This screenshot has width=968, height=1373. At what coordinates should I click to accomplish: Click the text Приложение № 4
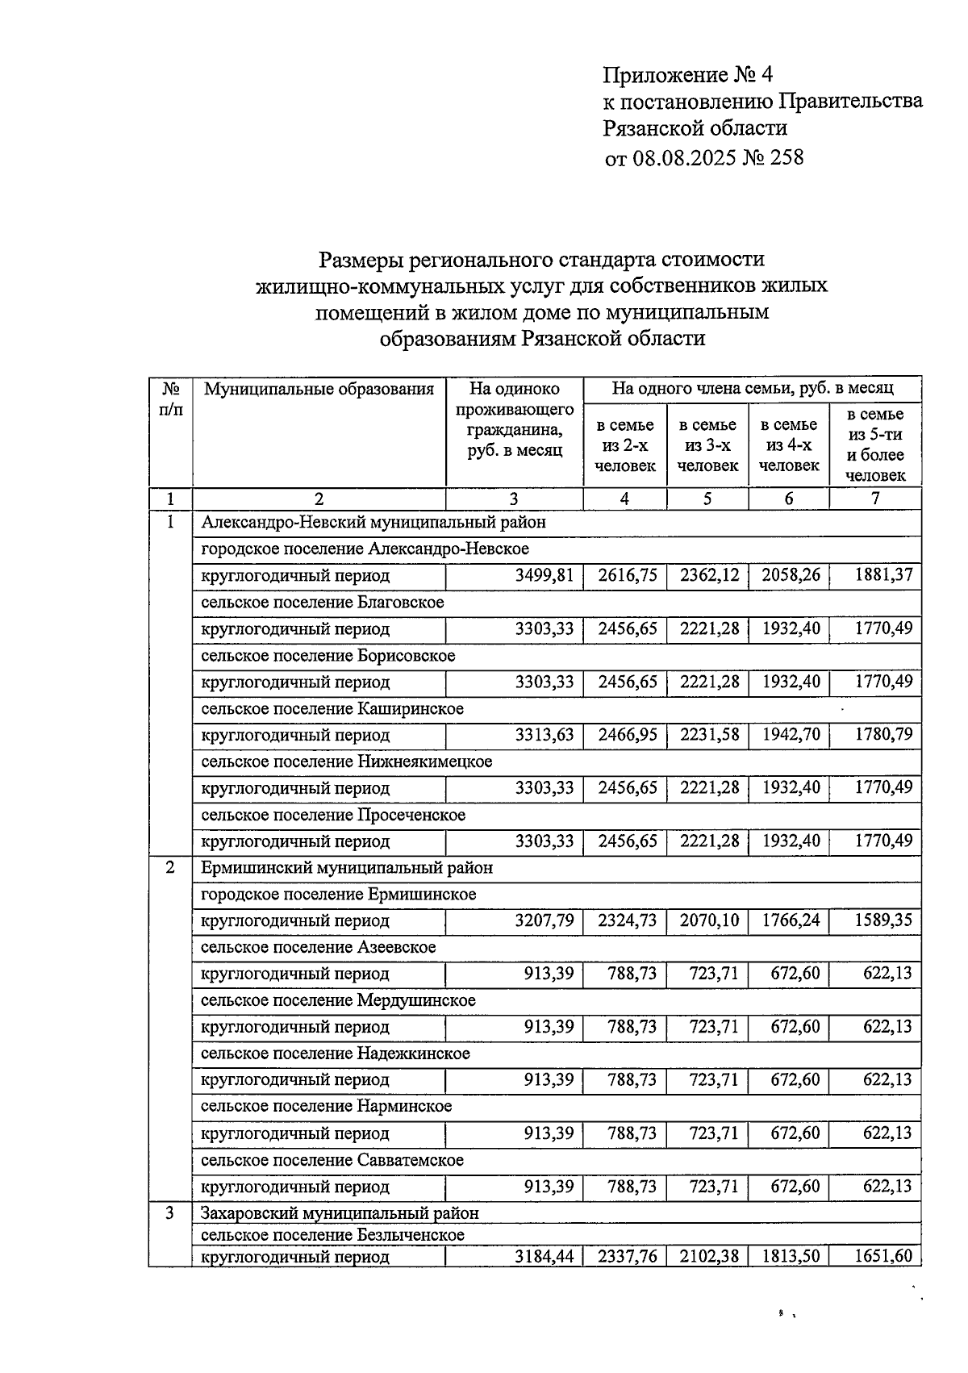pos(688,76)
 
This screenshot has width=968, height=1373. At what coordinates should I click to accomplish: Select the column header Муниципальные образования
pos(319,390)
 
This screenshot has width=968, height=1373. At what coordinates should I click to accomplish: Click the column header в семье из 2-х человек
pos(625,445)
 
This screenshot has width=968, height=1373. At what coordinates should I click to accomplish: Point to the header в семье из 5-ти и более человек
pos(875,445)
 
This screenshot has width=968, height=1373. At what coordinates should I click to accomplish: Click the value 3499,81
pos(544,575)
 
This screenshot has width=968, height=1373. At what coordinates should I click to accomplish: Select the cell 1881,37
pos(883,575)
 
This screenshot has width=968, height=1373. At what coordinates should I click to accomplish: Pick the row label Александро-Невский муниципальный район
pos(373,523)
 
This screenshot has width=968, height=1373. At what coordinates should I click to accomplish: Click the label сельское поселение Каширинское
pos(332,709)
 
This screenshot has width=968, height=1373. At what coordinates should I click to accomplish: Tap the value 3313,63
pos(544,735)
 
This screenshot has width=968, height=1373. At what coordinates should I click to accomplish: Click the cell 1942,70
pos(791,735)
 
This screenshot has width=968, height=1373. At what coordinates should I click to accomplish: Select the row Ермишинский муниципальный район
pos(347,868)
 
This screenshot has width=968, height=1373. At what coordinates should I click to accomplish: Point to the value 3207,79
pos(544,920)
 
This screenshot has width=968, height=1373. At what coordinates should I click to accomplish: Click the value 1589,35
pos(883,920)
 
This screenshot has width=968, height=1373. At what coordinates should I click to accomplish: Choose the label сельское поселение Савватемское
pos(332,1160)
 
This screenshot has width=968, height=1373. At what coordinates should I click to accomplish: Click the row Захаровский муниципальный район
pos(340,1213)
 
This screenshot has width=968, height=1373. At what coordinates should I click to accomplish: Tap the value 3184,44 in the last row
pos(544,1257)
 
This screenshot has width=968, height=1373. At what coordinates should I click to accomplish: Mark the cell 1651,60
pos(883,1257)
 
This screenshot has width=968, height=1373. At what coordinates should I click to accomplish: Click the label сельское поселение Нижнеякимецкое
pos(347,762)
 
